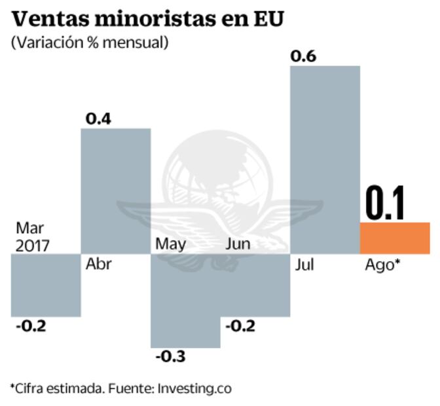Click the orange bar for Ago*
coord(395,238)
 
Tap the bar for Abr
coord(115,191)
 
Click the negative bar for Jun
coord(255,285)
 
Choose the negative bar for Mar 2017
coord(45,285)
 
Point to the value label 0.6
coord(303,56)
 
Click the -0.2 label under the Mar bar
coord(30,326)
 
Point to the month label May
coord(170,244)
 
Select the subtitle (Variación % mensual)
coord(90,43)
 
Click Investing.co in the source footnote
coord(194,388)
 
